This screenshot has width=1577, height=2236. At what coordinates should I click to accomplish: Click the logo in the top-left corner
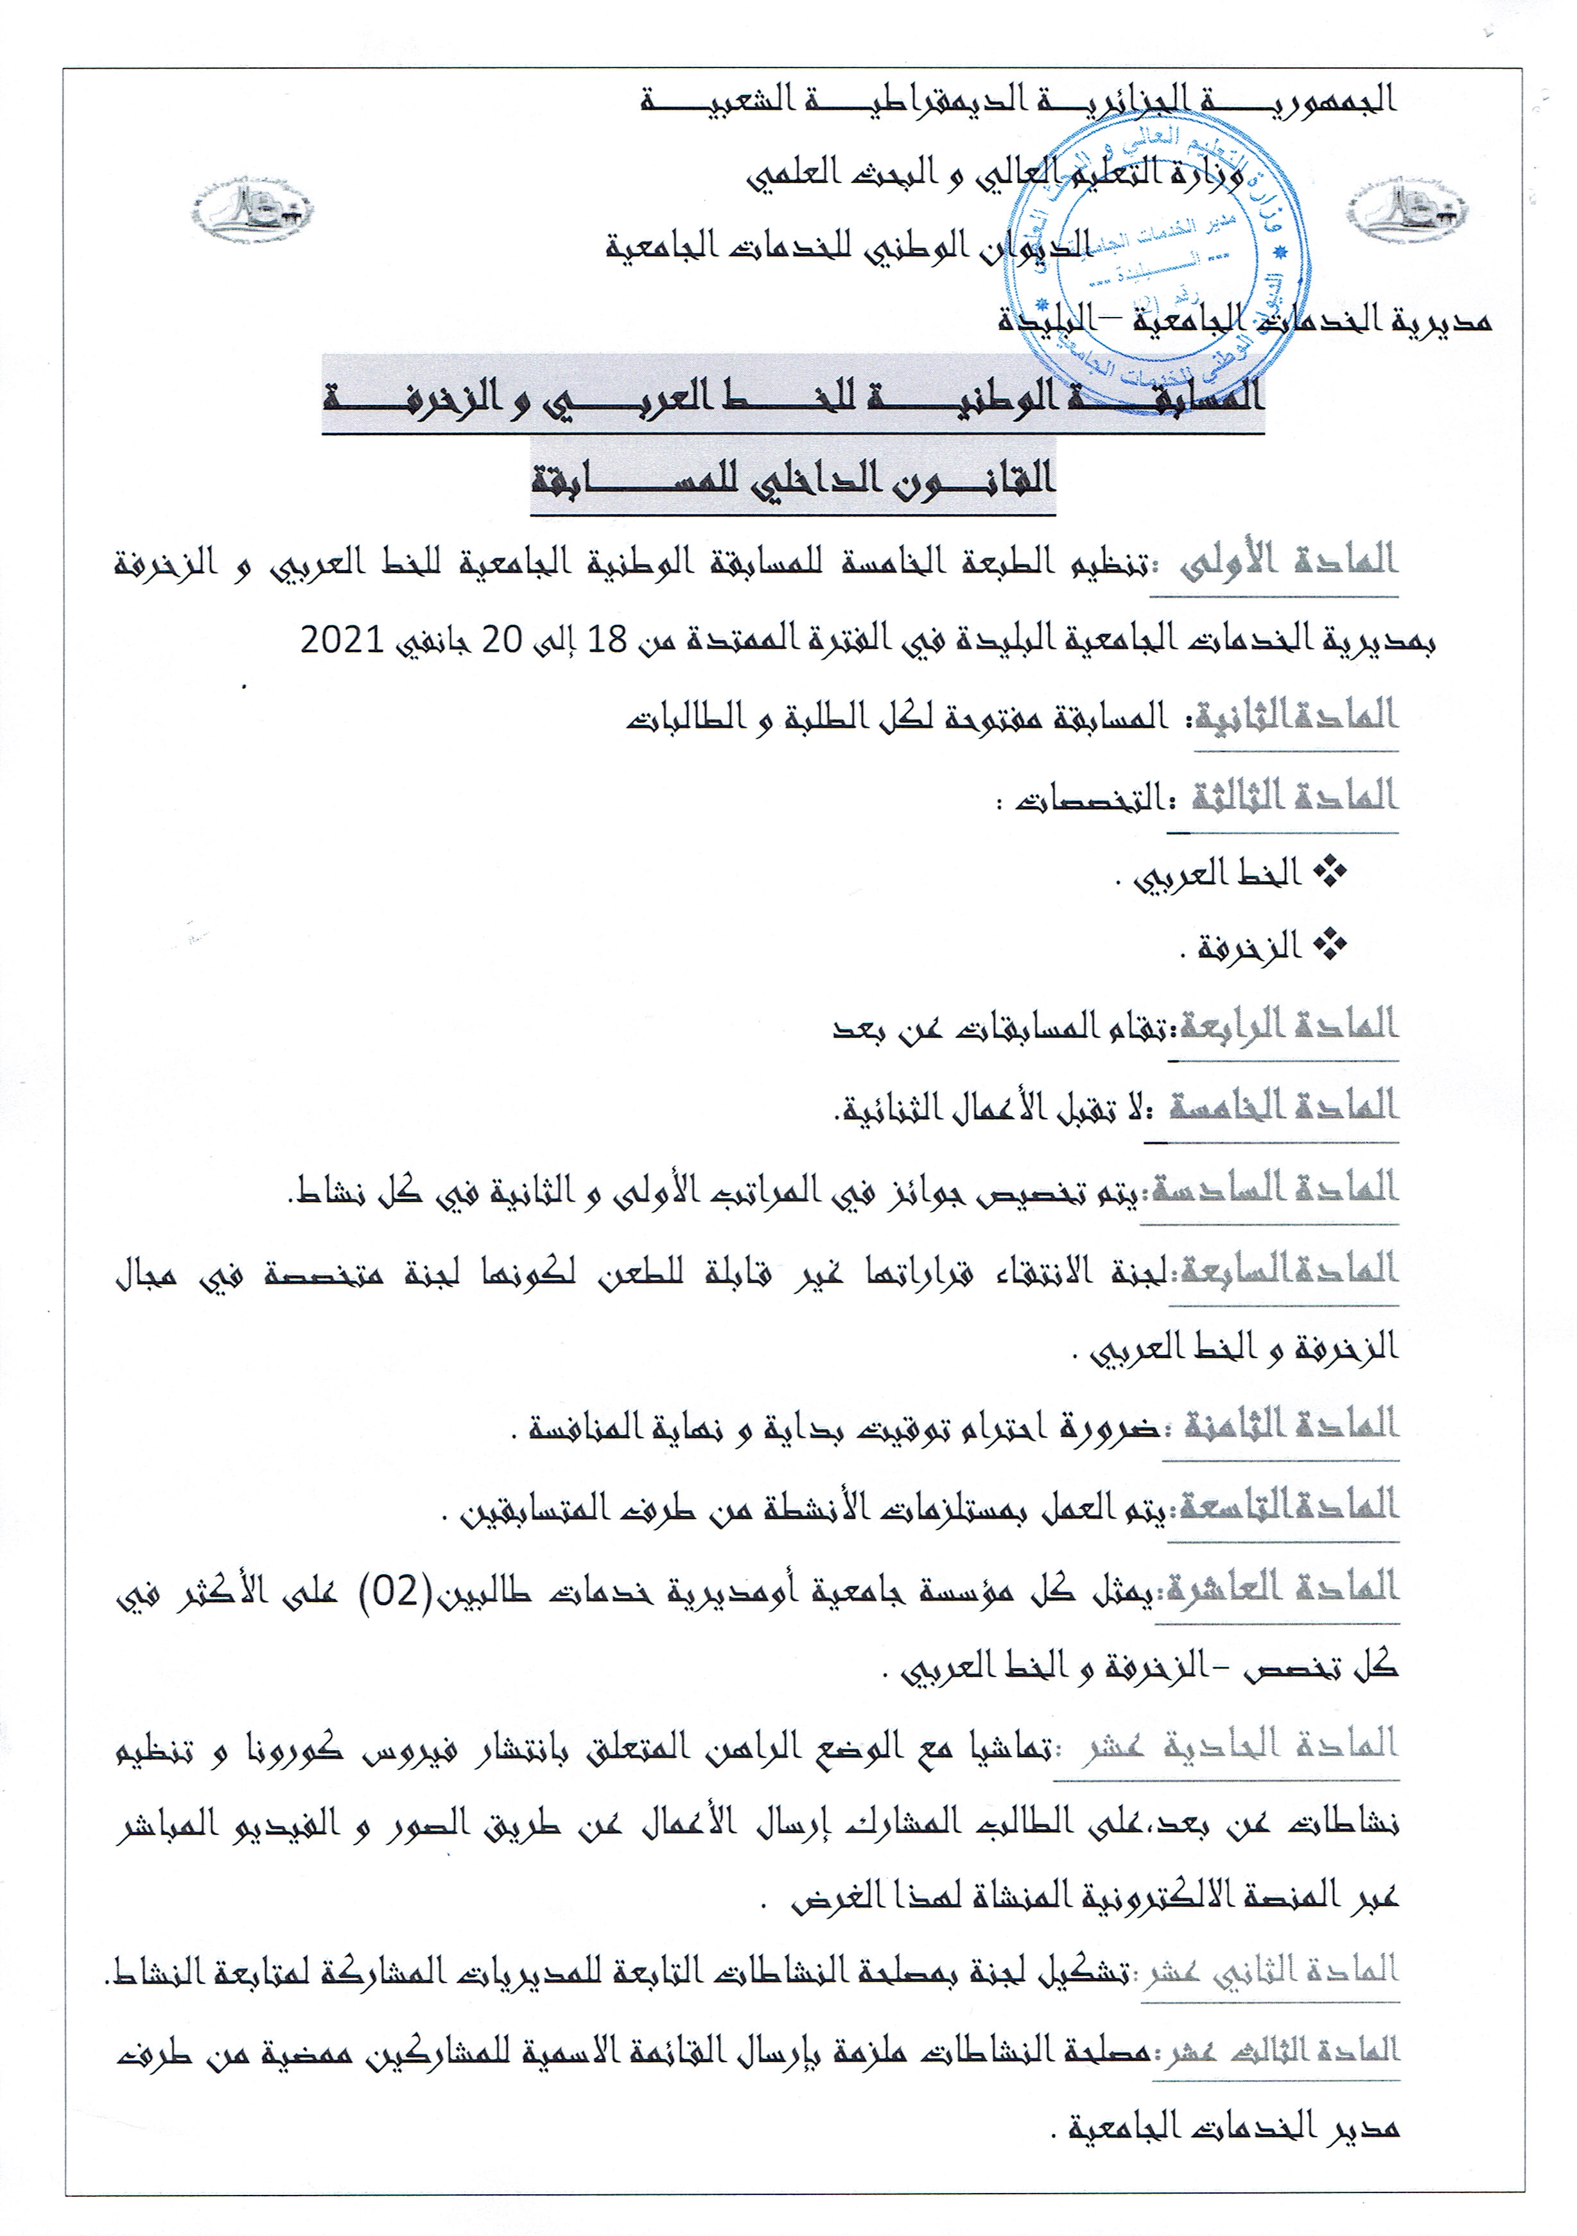(251, 209)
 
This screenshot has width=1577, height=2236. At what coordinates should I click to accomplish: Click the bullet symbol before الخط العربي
(1330, 873)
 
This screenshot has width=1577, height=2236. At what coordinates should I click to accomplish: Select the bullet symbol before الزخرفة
(1330, 945)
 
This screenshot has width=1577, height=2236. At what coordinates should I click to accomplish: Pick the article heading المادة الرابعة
(1287, 1026)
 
